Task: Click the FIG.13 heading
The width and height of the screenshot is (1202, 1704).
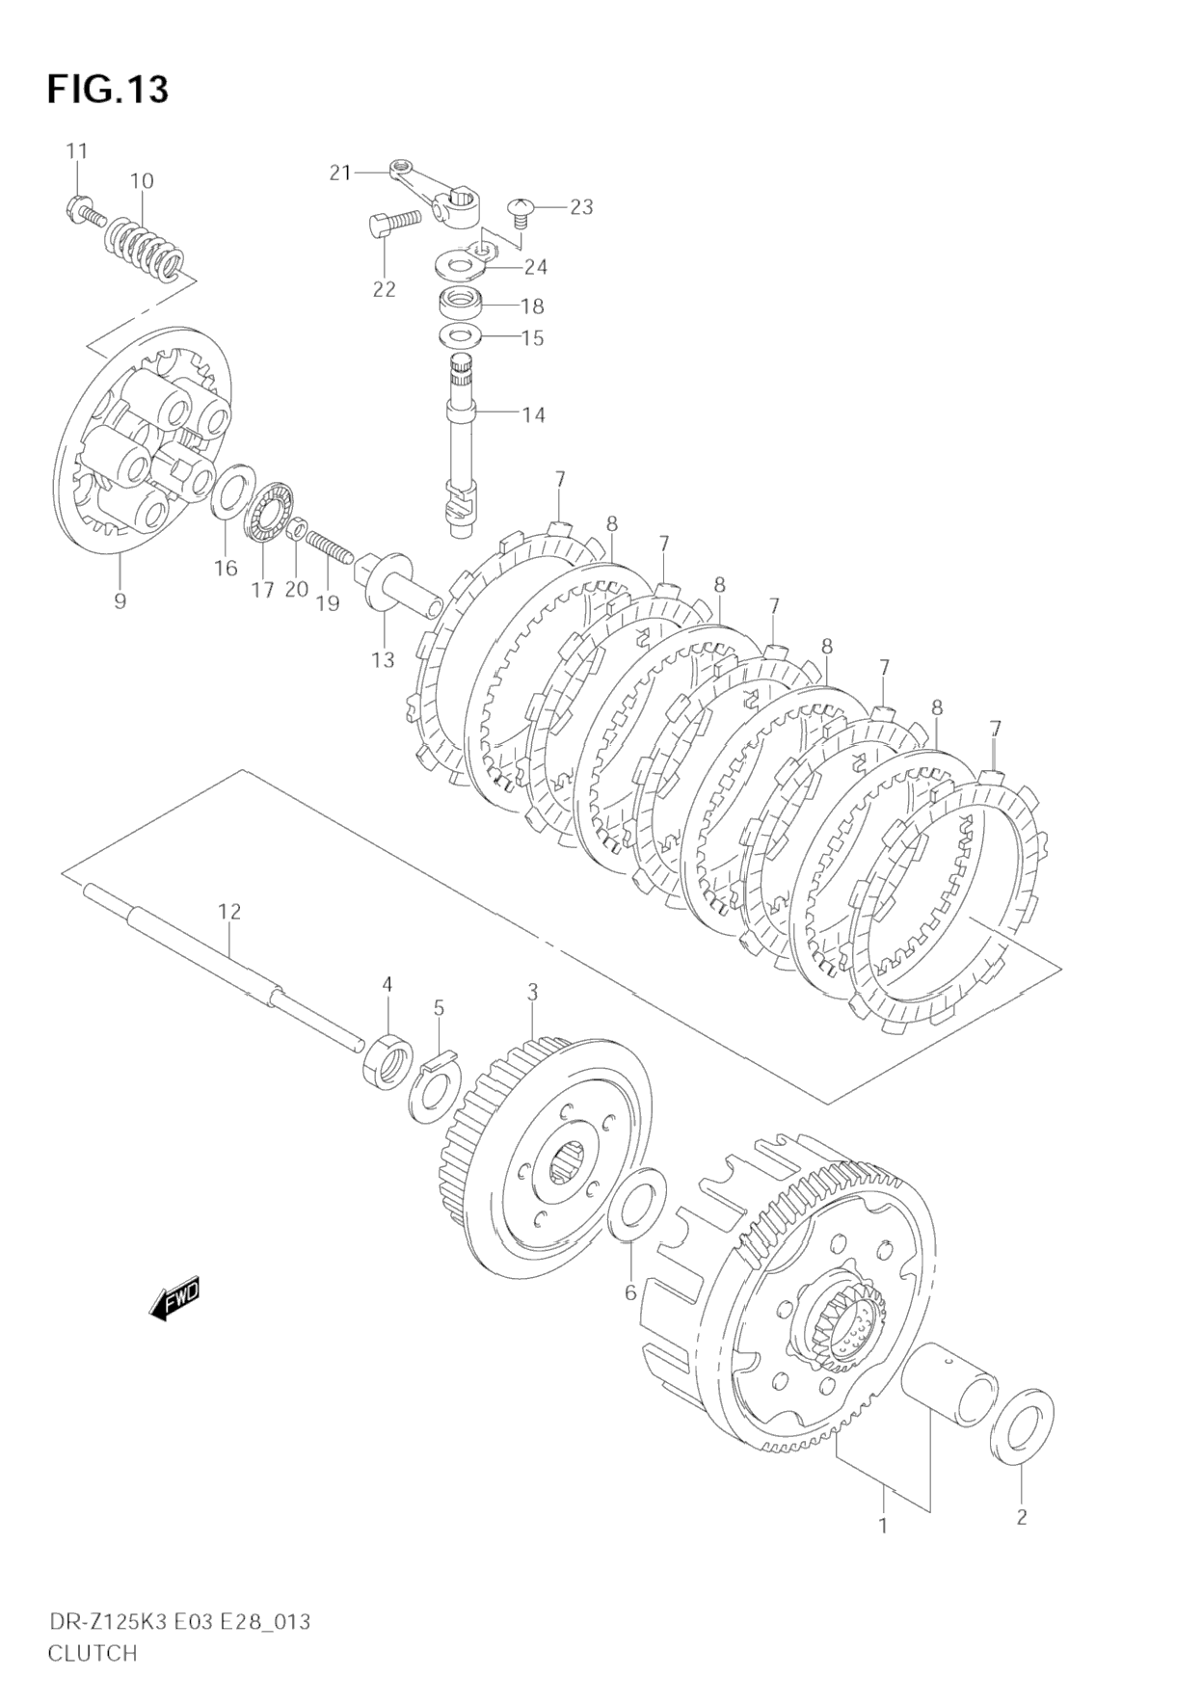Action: [107, 89]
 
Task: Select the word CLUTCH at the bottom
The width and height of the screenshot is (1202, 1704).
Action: [93, 1653]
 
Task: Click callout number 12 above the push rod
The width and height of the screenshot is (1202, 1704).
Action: [229, 911]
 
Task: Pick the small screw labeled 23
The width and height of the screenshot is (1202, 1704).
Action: [521, 208]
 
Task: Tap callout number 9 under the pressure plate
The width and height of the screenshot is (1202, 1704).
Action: [120, 600]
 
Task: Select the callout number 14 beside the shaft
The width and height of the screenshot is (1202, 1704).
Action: [533, 414]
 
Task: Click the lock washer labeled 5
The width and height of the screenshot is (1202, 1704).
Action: [439, 1089]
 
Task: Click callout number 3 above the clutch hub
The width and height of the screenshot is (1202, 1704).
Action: [532, 993]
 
